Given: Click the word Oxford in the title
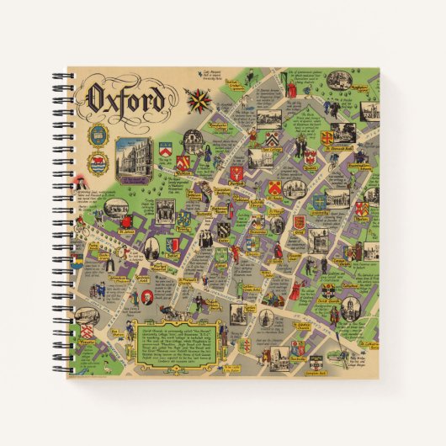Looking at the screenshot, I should pos(124,99).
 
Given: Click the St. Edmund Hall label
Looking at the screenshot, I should pos(343,155).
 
